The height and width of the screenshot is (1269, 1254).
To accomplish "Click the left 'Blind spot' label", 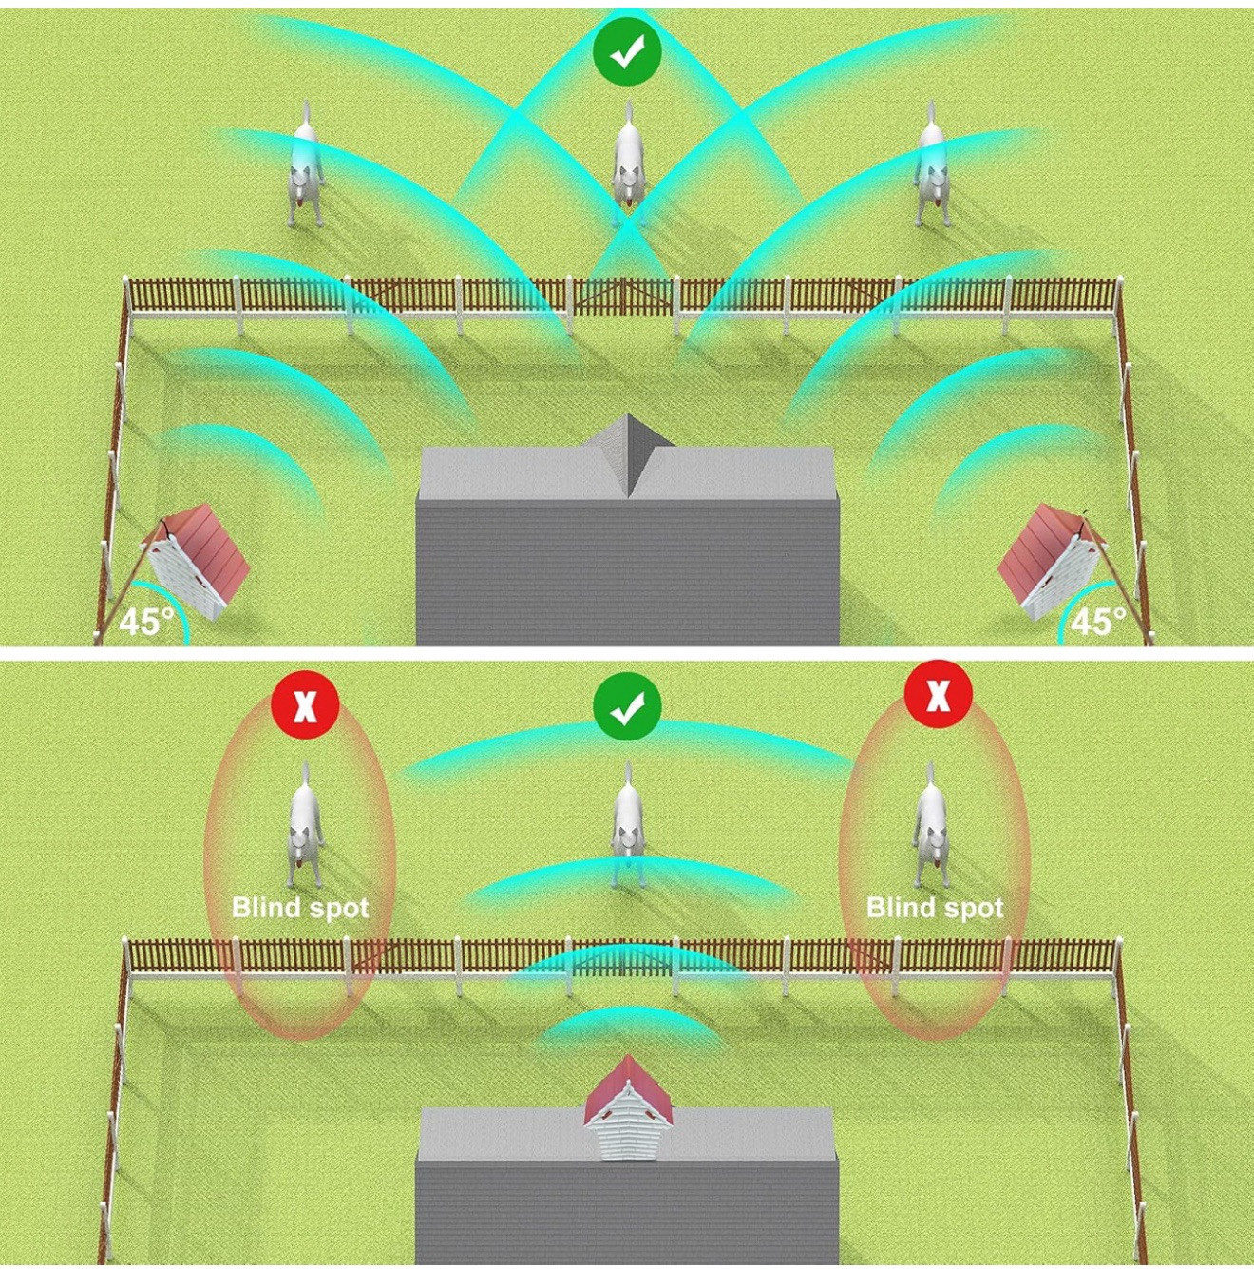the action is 300,908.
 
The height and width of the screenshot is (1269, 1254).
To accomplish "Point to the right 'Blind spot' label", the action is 935,908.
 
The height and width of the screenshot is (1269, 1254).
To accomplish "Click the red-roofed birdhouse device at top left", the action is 195,562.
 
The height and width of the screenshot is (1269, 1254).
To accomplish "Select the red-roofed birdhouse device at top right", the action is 1054,562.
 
